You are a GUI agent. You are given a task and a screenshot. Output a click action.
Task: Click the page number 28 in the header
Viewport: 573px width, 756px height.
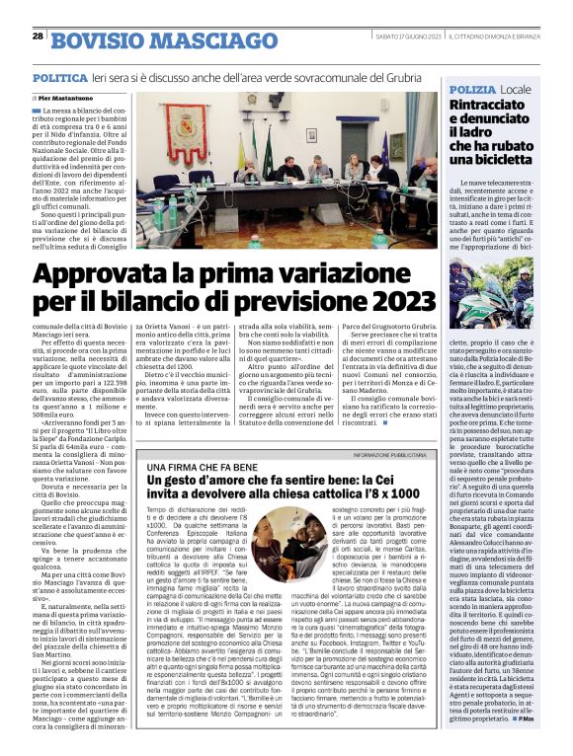[37, 36]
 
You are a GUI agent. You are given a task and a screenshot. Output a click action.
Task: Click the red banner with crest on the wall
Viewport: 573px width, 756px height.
[185, 121]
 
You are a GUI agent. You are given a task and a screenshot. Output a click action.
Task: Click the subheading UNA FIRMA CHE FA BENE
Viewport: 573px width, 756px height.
[192, 465]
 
